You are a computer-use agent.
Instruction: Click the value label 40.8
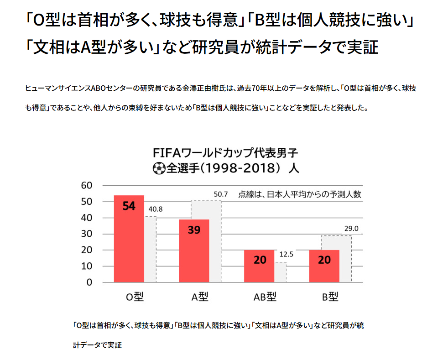point(156,209)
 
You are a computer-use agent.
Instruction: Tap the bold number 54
point(129,206)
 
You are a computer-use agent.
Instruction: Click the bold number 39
point(193,230)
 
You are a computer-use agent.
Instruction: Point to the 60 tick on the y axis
point(87,185)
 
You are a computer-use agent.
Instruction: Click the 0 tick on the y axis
point(89,282)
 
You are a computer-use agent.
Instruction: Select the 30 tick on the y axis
point(87,234)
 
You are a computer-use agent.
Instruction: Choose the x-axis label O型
point(135,297)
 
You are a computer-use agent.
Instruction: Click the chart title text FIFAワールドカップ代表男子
point(225,152)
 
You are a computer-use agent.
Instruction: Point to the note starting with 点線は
point(300,194)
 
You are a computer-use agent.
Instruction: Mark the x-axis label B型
point(330,297)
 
